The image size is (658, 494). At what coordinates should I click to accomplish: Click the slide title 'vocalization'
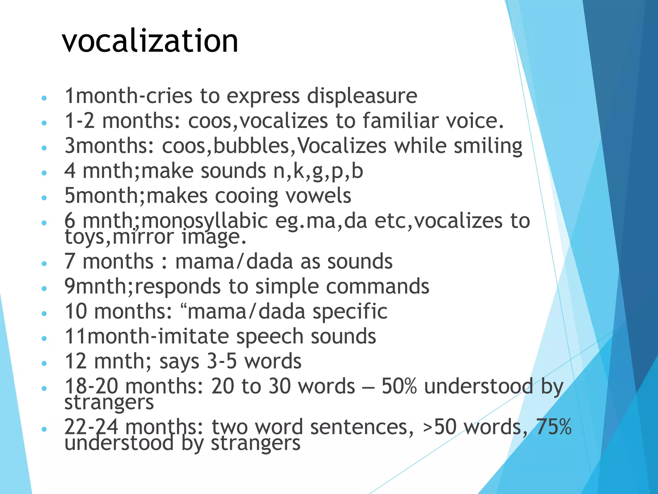pyautogui.click(x=150, y=41)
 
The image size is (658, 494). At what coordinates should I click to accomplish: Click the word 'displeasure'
pyautogui.click(x=362, y=96)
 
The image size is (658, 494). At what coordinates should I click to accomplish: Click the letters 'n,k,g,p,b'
pyautogui.click(x=318, y=171)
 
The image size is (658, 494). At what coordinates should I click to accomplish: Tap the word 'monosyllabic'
pyautogui.click(x=204, y=221)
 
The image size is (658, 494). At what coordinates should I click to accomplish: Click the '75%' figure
pyautogui.click(x=554, y=427)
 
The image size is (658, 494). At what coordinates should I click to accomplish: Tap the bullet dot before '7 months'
pyautogui.click(x=44, y=264)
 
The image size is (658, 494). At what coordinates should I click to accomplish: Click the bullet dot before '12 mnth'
pyautogui.click(x=44, y=363)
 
